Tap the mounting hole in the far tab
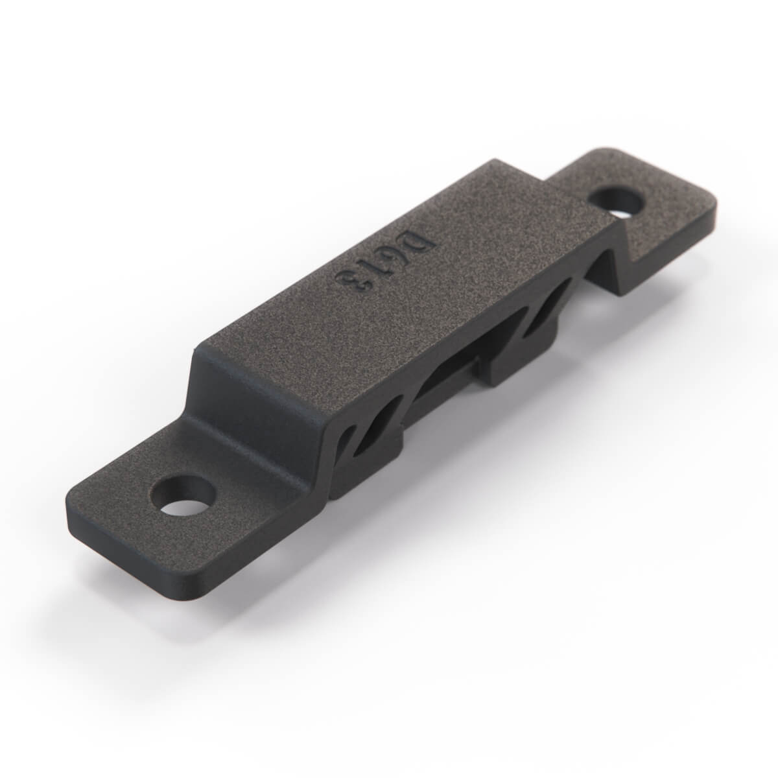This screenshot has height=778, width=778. click(616, 202)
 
